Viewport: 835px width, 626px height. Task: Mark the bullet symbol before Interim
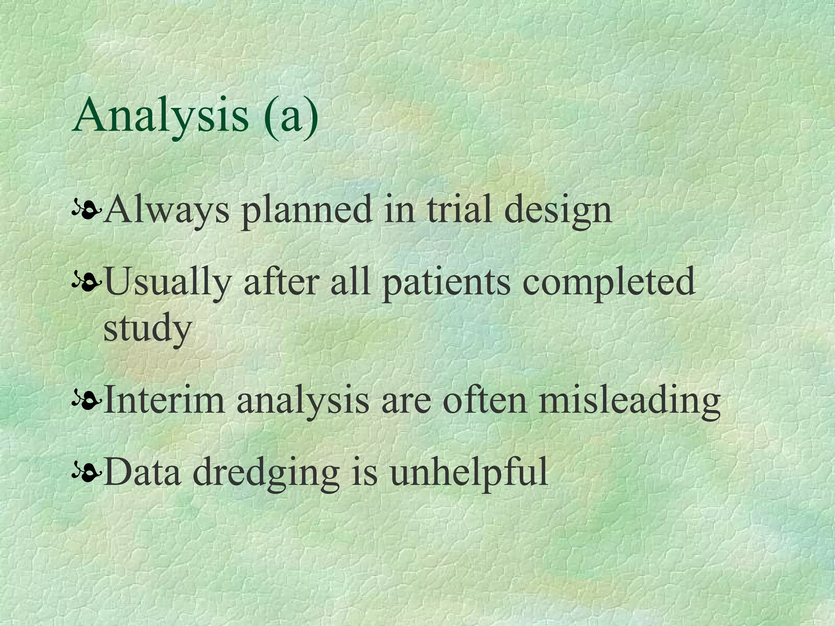[x=85, y=401]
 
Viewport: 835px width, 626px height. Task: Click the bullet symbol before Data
[x=85, y=473]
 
